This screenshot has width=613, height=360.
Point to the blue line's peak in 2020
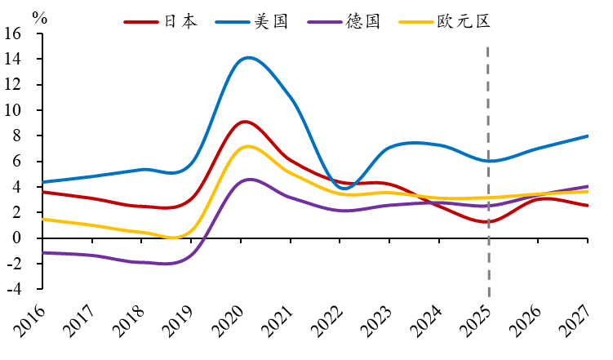click(247, 57)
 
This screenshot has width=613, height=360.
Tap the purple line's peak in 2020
click(248, 180)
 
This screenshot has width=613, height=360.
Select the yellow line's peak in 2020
click(247, 147)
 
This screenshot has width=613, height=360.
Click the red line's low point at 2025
click(488, 221)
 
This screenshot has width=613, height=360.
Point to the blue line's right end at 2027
click(587, 136)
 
